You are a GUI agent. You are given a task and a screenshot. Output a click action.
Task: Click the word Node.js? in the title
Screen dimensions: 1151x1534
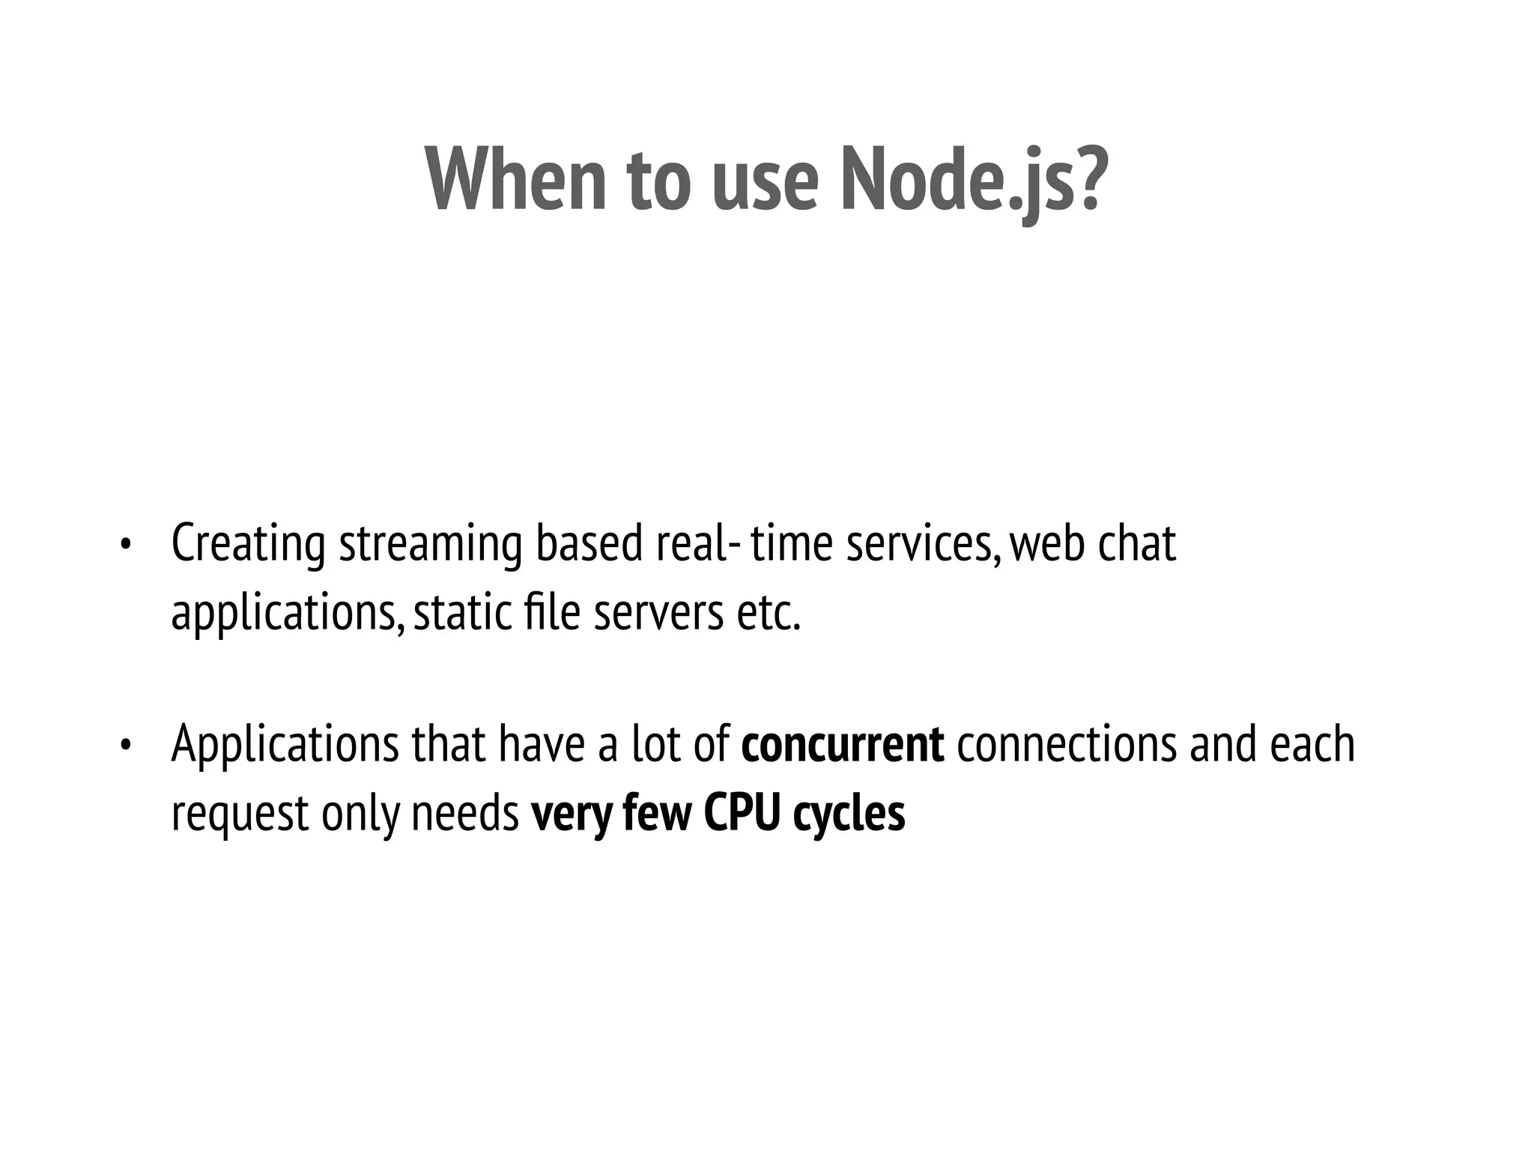pyautogui.click(x=972, y=181)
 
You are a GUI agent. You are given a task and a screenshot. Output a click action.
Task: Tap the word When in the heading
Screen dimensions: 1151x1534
pyautogui.click(x=515, y=181)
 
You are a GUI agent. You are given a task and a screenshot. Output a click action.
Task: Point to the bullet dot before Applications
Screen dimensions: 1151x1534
pyautogui.click(x=125, y=746)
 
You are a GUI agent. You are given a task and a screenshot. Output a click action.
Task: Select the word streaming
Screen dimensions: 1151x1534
pyautogui.click(x=430, y=546)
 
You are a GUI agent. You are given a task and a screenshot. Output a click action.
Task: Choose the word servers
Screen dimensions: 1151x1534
pyautogui.click(x=658, y=614)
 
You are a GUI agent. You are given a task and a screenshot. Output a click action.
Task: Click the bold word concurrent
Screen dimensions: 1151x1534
pyautogui.click(x=842, y=745)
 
